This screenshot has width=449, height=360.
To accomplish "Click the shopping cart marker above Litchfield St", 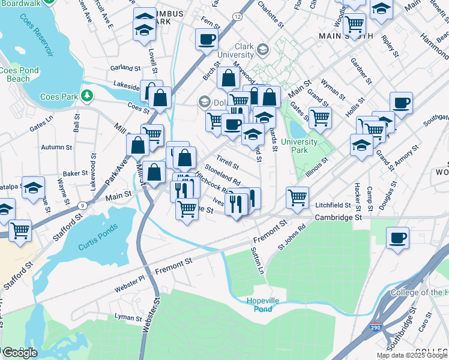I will pos(297,197).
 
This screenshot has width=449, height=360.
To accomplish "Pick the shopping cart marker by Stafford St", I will pos(20,230).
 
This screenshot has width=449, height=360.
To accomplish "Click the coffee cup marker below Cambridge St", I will pos(398,237).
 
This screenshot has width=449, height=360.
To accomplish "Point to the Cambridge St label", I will pos(339,217).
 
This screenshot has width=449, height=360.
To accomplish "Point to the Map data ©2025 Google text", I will pos(411,355).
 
